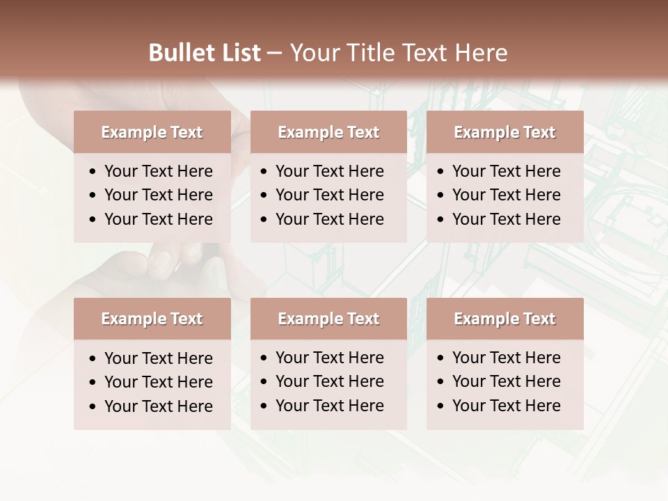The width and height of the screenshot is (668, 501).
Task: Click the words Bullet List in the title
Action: [205, 53]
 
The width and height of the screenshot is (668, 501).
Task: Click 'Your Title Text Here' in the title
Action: [398, 53]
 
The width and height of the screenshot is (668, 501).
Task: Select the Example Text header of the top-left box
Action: [152, 132]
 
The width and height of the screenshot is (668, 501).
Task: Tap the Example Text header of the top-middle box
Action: [328, 132]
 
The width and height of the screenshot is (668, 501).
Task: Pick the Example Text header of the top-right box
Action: [504, 132]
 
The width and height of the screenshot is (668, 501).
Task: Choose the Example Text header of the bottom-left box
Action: [152, 319]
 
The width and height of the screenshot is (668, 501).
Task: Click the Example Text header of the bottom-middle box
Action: [328, 319]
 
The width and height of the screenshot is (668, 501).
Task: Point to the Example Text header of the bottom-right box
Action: [504, 319]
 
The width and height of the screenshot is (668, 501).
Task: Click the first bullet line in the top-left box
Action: [158, 171]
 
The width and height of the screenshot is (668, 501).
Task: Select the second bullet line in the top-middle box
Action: [329, 195]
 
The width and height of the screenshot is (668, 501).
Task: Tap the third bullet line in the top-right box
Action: [506, 219]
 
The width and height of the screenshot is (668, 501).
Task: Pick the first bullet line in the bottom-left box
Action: [158, 358]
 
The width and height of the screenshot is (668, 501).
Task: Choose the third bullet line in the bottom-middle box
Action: [329, 406]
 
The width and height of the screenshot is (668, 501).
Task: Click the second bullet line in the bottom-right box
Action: [506, 381]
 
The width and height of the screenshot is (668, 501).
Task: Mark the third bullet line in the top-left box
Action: [158, 219]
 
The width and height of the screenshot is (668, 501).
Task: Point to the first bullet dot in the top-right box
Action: [441, 172]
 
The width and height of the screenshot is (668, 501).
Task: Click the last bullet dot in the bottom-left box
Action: [93, 407]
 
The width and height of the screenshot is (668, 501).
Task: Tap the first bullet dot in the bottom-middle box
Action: [264, 358]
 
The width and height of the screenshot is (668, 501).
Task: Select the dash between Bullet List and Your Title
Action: [274, 54]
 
